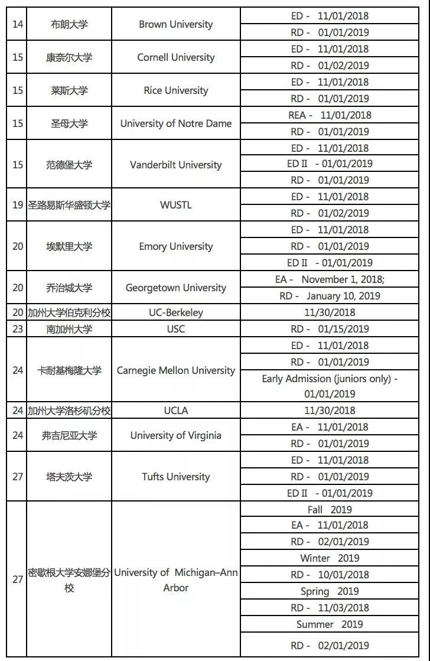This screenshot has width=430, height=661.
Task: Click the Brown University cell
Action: (175, 24)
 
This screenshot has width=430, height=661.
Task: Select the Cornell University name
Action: (175, 57)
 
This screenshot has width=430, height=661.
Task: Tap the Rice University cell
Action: (175, 90)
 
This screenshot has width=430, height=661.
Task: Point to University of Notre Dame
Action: (175, 123)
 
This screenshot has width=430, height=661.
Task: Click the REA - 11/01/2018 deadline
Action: (330, 115)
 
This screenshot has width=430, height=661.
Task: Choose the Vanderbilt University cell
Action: (175, 165)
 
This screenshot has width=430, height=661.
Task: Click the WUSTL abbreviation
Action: (175, 206)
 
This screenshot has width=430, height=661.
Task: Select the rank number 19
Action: (18, 206)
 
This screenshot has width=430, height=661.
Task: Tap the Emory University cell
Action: (175, 246)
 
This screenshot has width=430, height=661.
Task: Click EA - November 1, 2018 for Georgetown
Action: (330, 279)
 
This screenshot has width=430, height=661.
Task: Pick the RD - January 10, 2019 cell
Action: (330, 296)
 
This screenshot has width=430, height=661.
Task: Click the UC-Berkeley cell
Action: (175, 312)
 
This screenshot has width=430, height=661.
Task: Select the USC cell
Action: (175, 329)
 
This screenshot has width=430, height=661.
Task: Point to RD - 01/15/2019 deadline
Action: (330, 329)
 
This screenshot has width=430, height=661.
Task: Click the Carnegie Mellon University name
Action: (175, 370)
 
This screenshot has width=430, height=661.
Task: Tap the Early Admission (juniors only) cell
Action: (330, 386)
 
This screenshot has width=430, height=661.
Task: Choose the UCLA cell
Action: (175, 411)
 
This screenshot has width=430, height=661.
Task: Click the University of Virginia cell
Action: (175, 435)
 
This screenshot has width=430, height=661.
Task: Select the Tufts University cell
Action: (175, 477)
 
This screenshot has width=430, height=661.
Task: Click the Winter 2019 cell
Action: (330, 558)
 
